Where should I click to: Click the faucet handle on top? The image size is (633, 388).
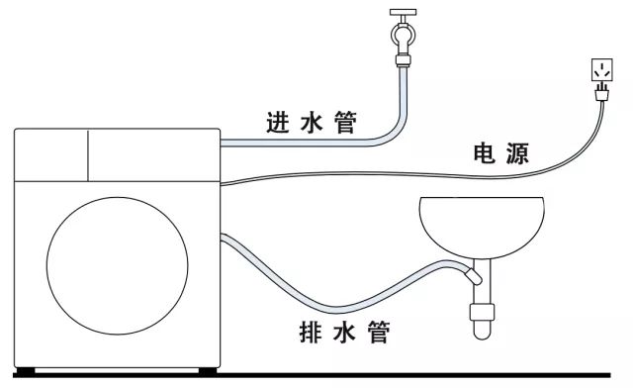point(404,14)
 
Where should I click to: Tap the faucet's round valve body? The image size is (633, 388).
point(404,42)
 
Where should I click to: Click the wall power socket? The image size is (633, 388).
point(601,70)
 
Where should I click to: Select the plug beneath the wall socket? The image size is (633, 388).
point(601,95)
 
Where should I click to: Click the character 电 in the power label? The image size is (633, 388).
point(487,154)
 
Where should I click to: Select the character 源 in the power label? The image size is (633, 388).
point(518,154)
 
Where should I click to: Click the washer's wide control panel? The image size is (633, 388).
point(153,152)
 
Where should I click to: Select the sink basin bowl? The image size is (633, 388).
point(481,225)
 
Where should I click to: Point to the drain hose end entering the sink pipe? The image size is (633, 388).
point(472,277)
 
